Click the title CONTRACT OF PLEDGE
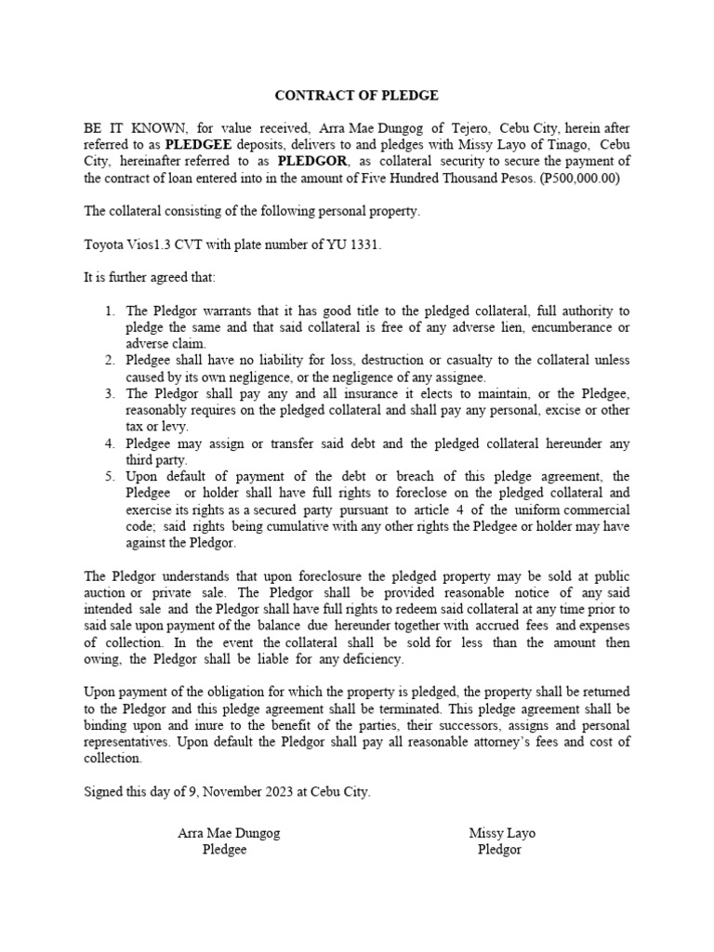(x=357, y=95)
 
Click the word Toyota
(x=104, y=245)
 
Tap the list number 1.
(x=110, y=311)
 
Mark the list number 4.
(x=110, y=443)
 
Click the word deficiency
(x=369, y=658)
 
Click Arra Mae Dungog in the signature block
(x=229, y=833)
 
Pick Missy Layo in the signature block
(x=502, y=833)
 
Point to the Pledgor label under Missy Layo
(x=500, y=850)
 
